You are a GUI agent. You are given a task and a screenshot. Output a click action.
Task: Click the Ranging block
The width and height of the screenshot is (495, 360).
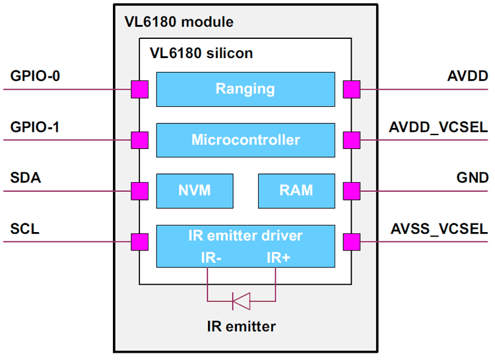(x=246, y=89)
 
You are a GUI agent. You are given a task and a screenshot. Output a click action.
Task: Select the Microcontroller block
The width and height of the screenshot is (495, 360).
(x=246, y=140)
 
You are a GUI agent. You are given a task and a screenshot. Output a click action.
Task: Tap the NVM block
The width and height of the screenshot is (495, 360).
(x=195, y=191)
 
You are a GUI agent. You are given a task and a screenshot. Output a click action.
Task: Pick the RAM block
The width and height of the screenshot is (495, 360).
(x=296, y=191)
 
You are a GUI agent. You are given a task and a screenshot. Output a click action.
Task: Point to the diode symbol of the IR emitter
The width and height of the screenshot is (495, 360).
(x=241, y=302)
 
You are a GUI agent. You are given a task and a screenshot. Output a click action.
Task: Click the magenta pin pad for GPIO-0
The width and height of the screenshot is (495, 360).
(x=139, y=89)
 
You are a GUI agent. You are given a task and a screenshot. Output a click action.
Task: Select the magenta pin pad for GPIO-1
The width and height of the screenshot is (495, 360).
(x=139, y=140)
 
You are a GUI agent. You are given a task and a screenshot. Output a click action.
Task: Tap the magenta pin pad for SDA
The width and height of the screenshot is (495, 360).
(x=139, y=191)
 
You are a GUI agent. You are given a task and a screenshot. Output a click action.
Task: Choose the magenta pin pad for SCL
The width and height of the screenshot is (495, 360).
(x=139, y=242)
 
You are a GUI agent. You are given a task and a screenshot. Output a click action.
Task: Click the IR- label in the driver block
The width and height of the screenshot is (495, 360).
(x=211, y=257)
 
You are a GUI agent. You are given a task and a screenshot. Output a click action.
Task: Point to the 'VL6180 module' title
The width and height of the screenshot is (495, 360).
(x=179, y=22)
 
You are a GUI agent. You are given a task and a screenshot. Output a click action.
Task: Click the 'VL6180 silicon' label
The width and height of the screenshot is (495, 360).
(x=201, y=53)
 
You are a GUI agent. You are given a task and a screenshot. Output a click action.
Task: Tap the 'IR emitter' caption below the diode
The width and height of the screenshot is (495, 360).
(x=241, y=326)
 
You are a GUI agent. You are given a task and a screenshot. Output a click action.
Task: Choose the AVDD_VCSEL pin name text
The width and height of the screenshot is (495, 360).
(x=439, y=125)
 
